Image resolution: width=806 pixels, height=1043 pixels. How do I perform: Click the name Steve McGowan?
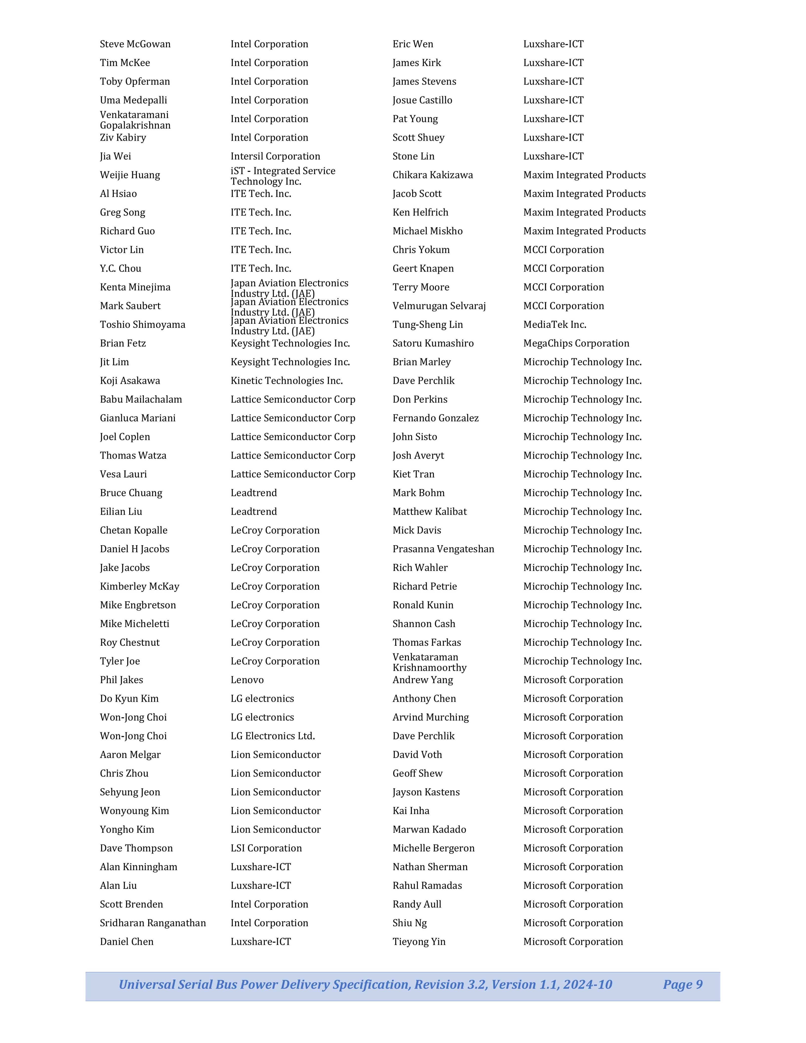click(135, 44)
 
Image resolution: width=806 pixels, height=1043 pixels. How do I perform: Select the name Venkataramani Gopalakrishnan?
click(135, 120)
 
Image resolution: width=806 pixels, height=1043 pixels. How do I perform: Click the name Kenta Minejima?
click(135, 287)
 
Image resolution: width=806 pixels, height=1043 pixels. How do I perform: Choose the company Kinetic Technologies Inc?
click(286, 381)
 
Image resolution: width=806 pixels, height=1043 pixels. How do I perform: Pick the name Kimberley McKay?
click(140, 586)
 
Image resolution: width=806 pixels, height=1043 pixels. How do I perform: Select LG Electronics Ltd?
click(273, 736)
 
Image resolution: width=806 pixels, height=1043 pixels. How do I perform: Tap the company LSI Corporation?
click(266, 848)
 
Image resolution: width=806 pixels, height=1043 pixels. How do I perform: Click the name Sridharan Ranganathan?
click(153, 923)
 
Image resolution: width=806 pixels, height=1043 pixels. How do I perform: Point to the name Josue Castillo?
click(422, 100)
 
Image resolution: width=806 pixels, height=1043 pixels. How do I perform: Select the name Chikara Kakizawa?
click(433, 175)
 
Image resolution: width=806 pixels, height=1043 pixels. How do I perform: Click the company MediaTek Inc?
click(554, 325)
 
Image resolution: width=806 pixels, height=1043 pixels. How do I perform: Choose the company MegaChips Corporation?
click(576, 343)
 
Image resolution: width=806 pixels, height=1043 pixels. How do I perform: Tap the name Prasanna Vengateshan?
click(443, 549)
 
